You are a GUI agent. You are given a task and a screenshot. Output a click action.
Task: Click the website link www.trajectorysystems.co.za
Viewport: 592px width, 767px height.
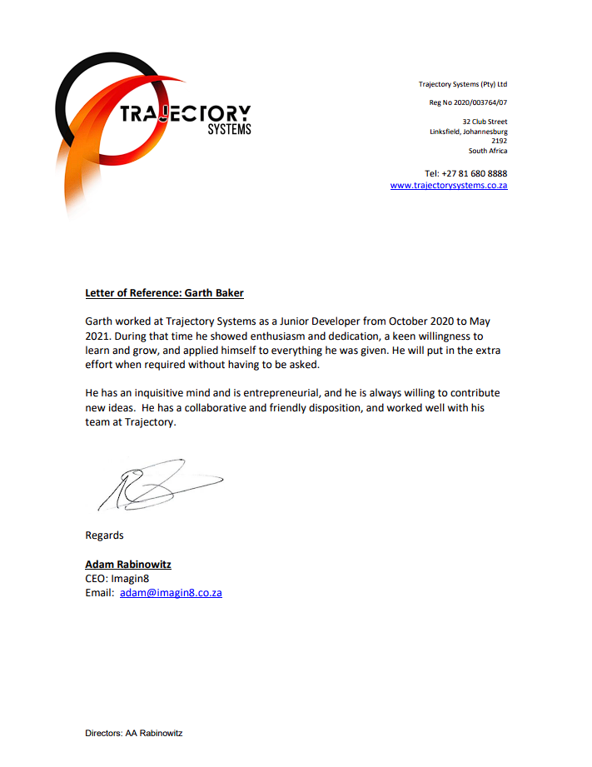449,185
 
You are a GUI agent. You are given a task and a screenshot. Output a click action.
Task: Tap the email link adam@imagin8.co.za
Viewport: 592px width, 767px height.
171,593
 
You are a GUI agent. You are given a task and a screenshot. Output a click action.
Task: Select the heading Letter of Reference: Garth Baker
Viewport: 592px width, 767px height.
164,293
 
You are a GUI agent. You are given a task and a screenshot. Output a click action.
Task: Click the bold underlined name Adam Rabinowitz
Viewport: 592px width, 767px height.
128,564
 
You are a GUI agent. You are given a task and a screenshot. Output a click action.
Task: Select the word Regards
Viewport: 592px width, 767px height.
104,535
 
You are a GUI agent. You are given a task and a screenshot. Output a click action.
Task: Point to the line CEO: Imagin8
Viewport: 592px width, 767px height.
117,578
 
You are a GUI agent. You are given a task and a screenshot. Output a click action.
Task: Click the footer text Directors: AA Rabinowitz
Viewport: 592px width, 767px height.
133,733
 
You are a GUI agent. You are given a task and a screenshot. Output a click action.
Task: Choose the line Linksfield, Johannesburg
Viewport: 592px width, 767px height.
468,132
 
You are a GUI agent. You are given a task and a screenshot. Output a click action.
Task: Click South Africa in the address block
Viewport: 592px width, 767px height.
487,151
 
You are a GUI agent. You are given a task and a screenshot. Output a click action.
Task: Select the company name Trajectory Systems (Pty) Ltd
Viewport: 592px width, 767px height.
462,84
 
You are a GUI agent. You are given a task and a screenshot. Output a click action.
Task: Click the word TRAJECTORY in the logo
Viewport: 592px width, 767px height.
185,114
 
